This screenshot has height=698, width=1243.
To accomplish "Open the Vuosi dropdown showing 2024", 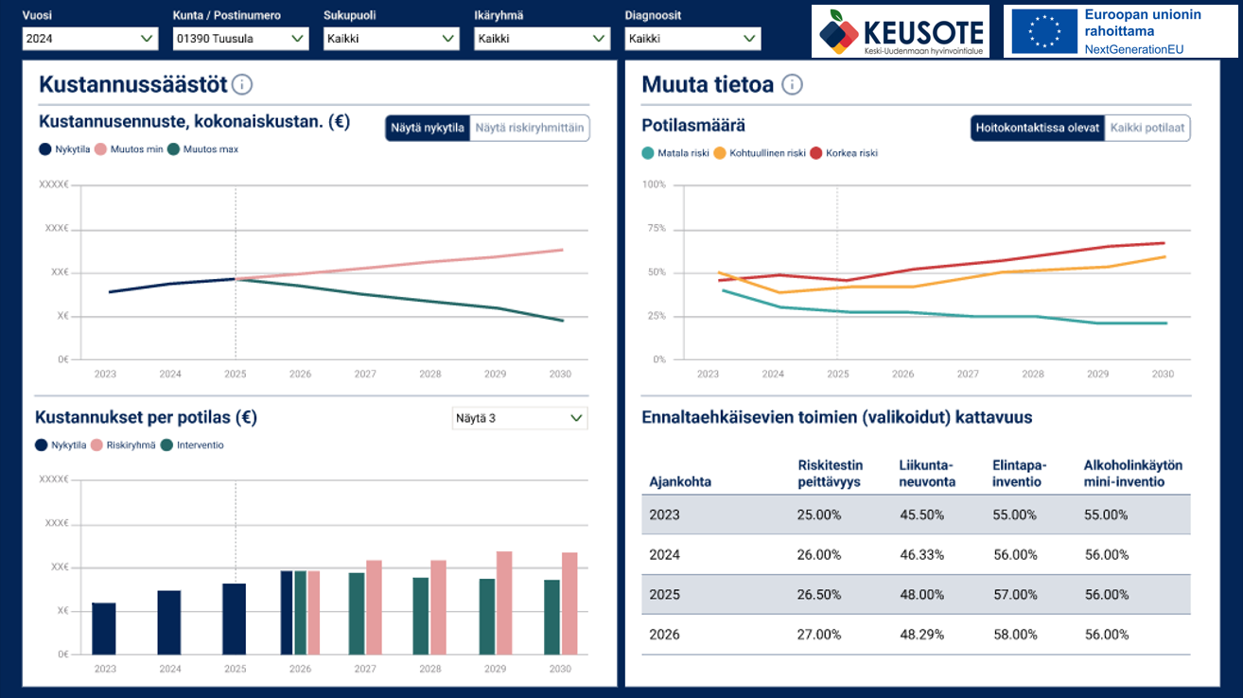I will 90,39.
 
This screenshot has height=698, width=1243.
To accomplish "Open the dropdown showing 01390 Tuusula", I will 240,39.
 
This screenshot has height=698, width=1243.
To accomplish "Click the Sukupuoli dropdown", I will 391,39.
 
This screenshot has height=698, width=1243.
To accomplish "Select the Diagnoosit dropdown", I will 692,39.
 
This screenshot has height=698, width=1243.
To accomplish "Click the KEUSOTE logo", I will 900,31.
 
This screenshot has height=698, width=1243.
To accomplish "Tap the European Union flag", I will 1044,31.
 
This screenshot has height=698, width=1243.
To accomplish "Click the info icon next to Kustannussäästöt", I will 242,85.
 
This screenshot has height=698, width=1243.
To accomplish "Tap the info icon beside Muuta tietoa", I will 793,85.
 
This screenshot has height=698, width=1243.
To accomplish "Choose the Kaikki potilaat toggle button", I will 1147,128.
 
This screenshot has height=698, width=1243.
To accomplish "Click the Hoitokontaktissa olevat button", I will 1038,128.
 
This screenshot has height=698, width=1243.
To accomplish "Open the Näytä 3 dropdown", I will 519,418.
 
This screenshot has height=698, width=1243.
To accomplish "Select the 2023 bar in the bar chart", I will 104,628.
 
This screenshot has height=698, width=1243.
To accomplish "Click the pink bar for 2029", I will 504,602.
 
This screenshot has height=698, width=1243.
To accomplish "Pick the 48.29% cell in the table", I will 921,635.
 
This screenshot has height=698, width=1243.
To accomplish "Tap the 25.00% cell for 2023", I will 819,515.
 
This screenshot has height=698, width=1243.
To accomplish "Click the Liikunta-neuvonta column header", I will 927,474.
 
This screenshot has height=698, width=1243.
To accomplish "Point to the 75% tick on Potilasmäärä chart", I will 655,229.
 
